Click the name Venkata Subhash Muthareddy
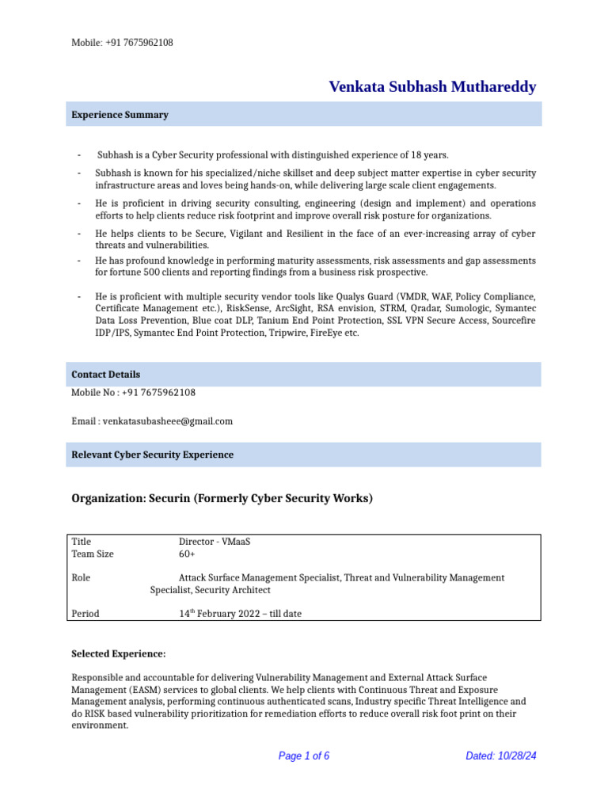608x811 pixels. click(x=432, y=87)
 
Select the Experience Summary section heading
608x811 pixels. click(x=120, y=115)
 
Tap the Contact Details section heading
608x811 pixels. click(x=105, y=374)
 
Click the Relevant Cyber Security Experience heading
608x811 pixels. click(x=152, y=455)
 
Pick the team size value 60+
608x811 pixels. click(x=188, y=554)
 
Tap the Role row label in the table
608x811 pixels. click(x=81, y=578)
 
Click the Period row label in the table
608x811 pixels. click(x=85, y=613)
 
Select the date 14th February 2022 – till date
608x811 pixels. click(x=240, y=613)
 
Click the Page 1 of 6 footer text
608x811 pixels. click(x=303, y=756)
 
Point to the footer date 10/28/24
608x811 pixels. click(x=517, y=756)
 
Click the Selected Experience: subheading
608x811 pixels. click(x=119, y=653)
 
